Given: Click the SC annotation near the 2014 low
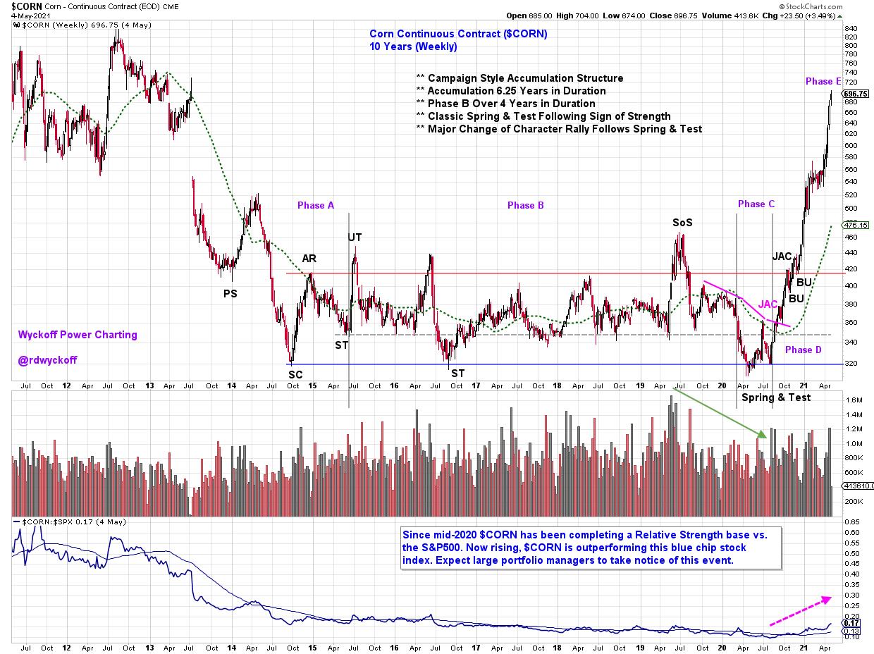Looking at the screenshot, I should click(295, 375).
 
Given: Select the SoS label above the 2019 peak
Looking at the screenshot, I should click(682, 223).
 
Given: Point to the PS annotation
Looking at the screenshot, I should click(230, 293).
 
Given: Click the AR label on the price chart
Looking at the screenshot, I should click(309, 259).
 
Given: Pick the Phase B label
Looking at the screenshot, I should click(526, 205).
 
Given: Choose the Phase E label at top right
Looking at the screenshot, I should click(823, 81).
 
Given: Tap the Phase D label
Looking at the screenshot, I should click(803, 350).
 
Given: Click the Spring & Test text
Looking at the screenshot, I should click(775, 397).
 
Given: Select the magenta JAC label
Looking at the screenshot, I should click(768, 304).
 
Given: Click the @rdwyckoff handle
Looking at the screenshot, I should click(48, 360).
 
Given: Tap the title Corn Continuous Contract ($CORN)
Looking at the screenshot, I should click(458, 34).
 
